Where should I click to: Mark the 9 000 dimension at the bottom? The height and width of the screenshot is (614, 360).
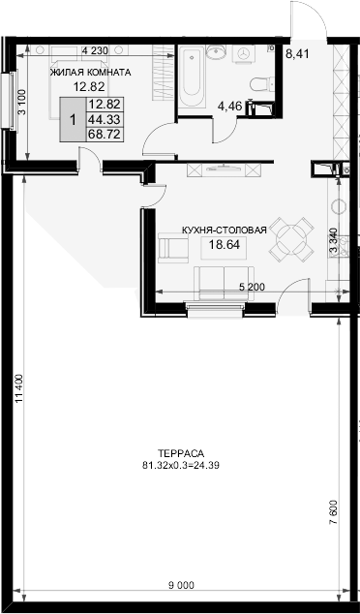coord(180,584)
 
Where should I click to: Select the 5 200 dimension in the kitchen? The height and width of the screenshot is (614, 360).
coord(252,288)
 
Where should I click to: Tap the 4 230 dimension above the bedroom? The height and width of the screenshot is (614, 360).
coord(94,50)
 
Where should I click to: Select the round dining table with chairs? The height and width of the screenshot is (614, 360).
coord(289,235)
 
